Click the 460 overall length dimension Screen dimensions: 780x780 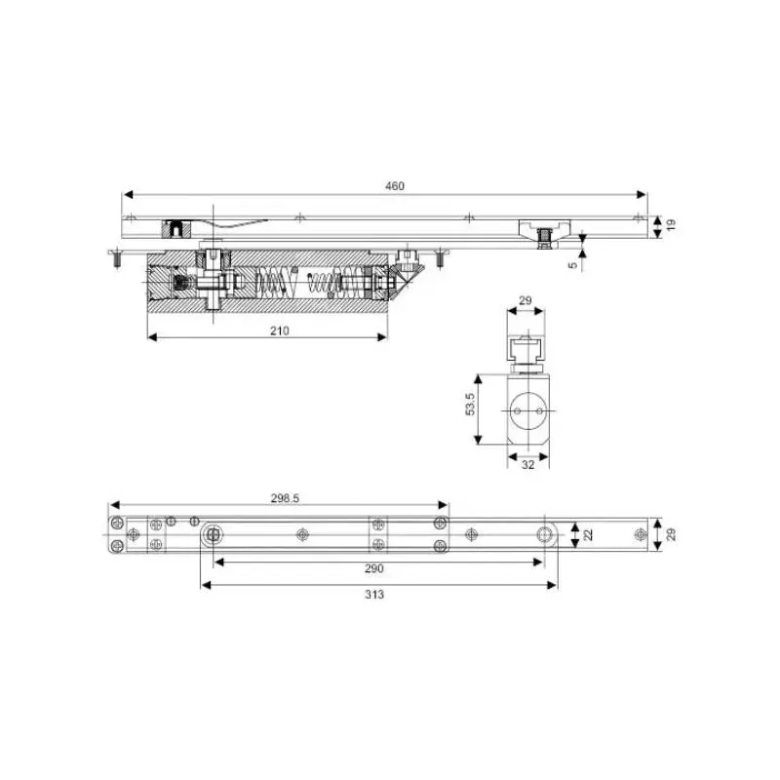394,185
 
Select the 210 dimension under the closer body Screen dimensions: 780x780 280,331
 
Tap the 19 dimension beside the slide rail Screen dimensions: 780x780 671,225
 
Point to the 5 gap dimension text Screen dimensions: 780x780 572,261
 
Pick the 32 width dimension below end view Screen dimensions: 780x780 527,465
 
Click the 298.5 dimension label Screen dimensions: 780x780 284,497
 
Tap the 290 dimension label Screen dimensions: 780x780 374,568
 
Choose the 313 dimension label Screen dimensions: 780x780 374,594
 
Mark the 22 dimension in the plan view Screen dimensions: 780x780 588,533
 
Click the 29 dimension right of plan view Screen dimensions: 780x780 671,533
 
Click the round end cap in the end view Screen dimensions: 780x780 527,410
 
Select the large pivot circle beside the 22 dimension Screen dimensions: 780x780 543,533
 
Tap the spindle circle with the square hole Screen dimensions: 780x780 212,533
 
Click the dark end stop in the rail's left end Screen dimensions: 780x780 175,229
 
